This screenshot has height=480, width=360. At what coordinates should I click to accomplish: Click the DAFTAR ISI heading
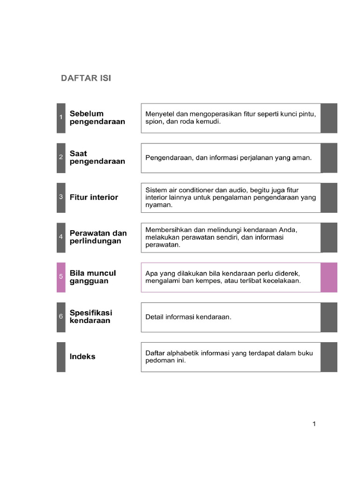(x=86, y=78)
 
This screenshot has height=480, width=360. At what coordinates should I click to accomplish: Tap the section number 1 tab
(x=61, y=118)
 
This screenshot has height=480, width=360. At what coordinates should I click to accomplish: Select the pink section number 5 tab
(x=61, y=277)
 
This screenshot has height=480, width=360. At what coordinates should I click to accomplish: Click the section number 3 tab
(x=61, y=197)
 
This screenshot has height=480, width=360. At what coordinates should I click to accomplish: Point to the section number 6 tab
(x=61, y=317)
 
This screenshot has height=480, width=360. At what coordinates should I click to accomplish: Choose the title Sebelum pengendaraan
(x=97, y=118)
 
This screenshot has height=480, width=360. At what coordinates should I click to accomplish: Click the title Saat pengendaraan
(x=97, y=157)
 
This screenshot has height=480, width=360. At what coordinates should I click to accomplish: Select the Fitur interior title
(x=94, y=197)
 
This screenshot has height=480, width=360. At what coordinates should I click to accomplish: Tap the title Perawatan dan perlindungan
(x=98, y=237)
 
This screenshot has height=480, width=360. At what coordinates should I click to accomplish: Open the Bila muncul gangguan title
(x=92, y=277)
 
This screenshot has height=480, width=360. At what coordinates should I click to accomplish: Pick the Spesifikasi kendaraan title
(x=91, y=317)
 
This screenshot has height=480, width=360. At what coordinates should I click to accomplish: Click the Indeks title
(x=82, y=357)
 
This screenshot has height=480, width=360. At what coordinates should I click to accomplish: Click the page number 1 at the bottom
(x=314, y=424)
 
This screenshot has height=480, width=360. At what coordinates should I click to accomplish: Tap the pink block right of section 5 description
(x=329, y=277)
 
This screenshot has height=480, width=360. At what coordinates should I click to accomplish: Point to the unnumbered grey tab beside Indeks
(x=61, y=357)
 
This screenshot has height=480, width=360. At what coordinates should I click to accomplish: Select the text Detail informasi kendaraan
(x=188, y=317)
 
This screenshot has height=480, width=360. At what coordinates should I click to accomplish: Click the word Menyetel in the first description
(x=160, y=114)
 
